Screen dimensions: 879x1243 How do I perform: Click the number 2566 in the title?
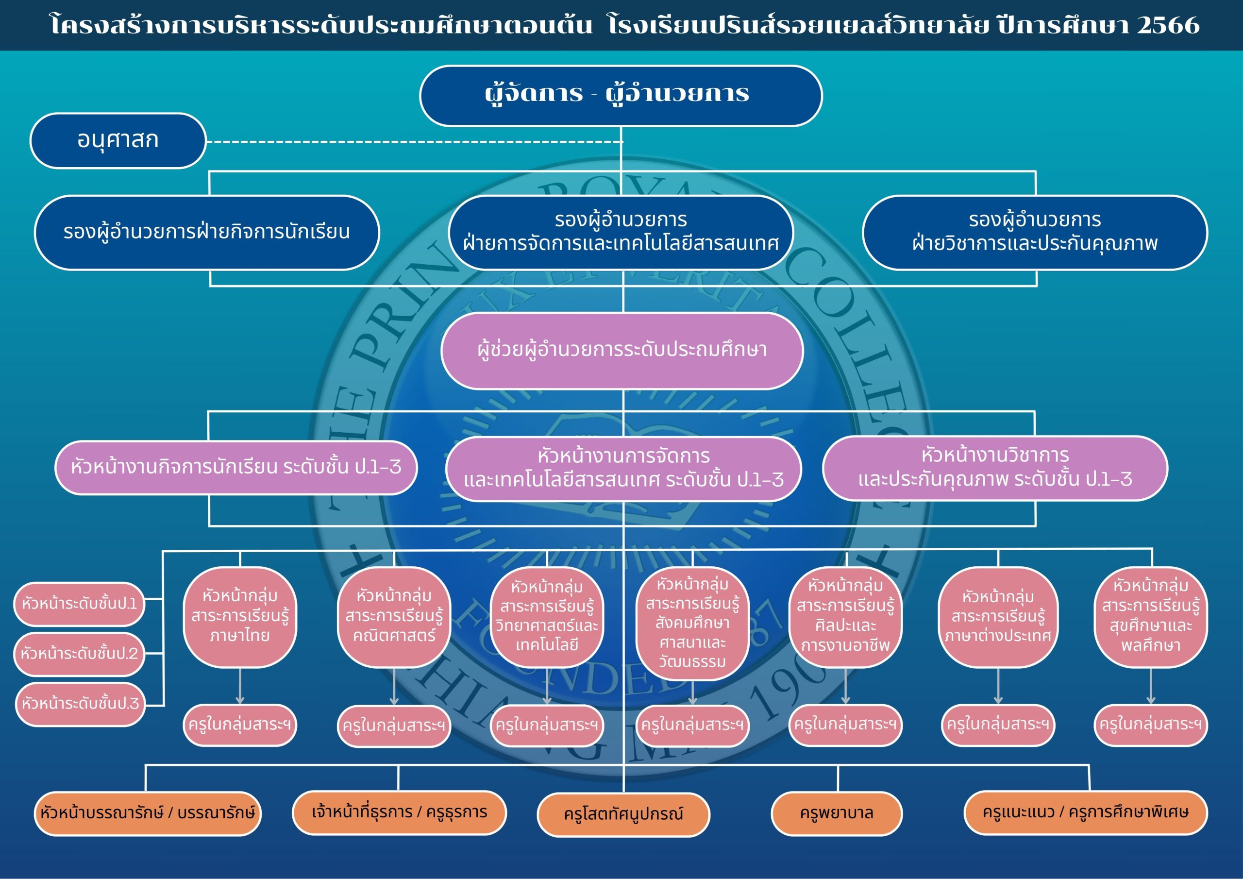1168,25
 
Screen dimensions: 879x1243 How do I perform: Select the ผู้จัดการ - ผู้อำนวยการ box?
621,95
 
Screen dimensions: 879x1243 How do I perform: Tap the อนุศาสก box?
118,140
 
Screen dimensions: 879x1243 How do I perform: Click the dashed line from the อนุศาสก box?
411,142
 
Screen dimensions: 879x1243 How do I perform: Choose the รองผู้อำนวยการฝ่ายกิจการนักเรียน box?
207,232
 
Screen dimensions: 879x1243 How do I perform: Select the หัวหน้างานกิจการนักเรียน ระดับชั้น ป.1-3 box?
236,467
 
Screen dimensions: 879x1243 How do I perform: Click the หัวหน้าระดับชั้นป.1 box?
80,604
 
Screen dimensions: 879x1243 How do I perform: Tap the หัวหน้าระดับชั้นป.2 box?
80,654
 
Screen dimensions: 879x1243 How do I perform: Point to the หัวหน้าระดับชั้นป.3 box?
81,704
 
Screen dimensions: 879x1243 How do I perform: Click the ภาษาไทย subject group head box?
240,616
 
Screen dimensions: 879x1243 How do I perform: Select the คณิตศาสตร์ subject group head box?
394,616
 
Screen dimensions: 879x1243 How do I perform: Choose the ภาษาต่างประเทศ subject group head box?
998,616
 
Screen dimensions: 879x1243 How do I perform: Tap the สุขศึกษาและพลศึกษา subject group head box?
1150,616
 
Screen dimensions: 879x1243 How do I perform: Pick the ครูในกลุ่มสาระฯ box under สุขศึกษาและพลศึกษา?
1150,725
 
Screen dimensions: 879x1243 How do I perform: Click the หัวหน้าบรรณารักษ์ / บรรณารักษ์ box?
147,813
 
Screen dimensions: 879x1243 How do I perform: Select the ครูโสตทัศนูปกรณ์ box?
623,814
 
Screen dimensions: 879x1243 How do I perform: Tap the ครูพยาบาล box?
837,813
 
